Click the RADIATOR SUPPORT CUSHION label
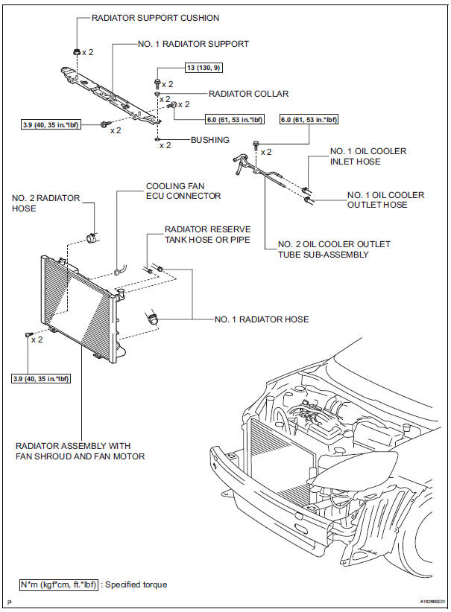pyautogui.click(x=155, y=18)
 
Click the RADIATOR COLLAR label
pyautogui.click(x=248, y=94)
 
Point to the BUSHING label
pyautogui.click(x=209, y=138)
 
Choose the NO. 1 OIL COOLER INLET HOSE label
pyautogui.click(x=368, y=156)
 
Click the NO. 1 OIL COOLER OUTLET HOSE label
pyautogui.click(x=385, y=200)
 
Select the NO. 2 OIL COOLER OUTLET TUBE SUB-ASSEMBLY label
pyautogui.click(x=333, y=249)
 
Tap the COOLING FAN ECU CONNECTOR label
pyautogui.click(x=183, y=191)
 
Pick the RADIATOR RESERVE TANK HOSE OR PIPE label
pyautogui.click(x=207, y=234)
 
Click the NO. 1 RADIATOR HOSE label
pyautogui.click(x=261, y=319)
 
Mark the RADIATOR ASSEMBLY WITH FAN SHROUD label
pyautogui.click(x=80, y=451)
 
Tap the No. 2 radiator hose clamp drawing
pyautogui.click(x=94, y=238)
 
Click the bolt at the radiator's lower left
pyautogui.click(x=29, y=336)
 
